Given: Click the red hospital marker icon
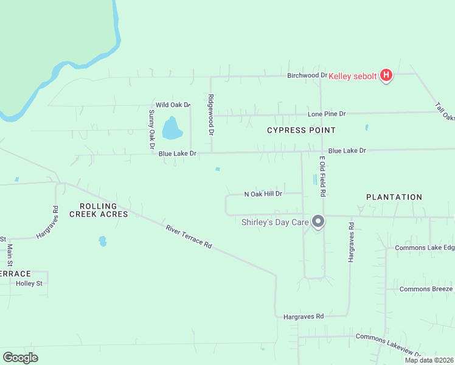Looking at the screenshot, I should click(386, 75).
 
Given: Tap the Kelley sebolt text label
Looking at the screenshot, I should click(353, 76).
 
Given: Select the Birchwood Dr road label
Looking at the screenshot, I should click(307, 75).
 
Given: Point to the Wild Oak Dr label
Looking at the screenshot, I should click(173, 105).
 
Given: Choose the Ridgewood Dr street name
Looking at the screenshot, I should click(211, 114).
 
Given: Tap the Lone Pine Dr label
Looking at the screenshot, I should click(327, 114).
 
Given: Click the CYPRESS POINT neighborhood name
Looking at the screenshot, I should click(301, 130).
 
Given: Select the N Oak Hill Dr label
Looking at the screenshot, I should click(263, 194).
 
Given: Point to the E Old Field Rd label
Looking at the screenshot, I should click(324, 176).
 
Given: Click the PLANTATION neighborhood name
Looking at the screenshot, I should click(394, 197).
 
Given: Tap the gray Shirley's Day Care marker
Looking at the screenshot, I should click(318, 221).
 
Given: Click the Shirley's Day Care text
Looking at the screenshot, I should click(275, 223).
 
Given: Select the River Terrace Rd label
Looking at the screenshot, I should click(189, 237).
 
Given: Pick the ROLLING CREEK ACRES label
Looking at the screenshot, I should click(99, 210).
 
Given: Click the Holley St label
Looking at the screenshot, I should click(29, 283).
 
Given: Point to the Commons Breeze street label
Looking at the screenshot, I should click(426, 289).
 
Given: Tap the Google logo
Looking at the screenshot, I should click(20, 358).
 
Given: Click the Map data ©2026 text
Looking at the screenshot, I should click(429, 360).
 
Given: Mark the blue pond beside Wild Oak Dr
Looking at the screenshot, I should click(172, 128).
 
